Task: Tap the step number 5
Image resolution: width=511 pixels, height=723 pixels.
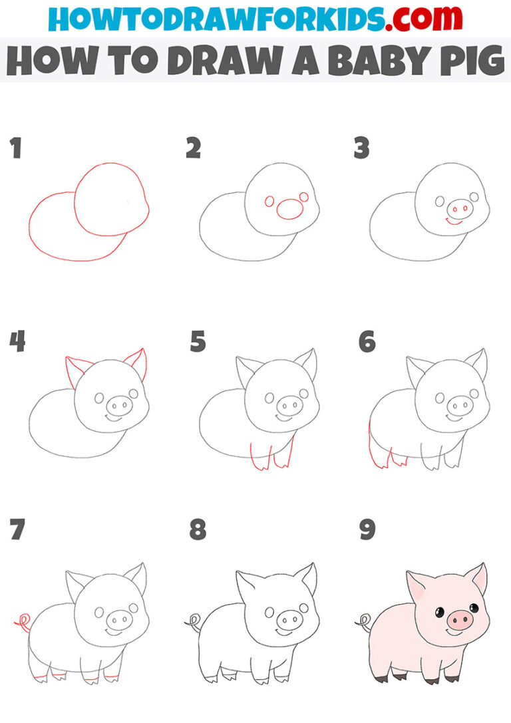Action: (x=198, y=343)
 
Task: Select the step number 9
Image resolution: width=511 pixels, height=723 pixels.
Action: (x=367, y=530)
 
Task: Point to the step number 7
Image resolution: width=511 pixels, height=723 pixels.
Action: (x=16, y=530)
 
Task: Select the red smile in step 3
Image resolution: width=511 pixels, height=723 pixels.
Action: (x=454, y=221)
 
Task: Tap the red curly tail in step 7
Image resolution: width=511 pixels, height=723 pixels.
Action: (x=22, y=622)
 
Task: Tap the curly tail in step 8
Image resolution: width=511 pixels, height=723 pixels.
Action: (x=192, y=622)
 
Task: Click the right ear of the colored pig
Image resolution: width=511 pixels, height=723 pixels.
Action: (x=478, y=577)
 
